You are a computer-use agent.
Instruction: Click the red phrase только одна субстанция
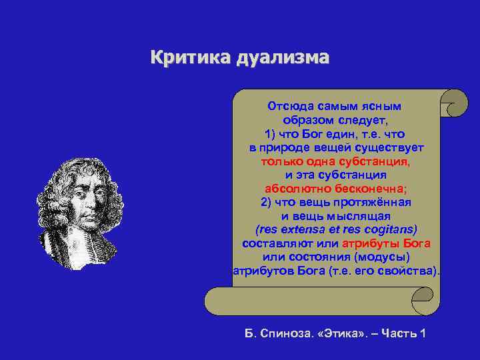tap(335, 162)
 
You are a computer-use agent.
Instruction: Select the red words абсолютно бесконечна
tap(335, 189)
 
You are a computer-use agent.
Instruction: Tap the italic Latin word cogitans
tap(387, 230)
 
